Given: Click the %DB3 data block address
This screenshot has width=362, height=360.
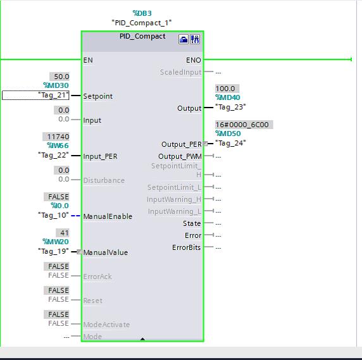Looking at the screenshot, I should pyautogui.click(x=142, y=13).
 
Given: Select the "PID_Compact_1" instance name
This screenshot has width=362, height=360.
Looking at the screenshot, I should pyautogui.click(x=142, y=22).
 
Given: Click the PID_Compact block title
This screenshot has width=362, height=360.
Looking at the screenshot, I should pyautogui.click(x=142, y=36).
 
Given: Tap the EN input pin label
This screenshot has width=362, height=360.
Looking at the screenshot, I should pyautogui.click(x=88, y=60).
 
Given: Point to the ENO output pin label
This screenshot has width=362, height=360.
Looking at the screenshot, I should pyautogui.click(x=194, y=60).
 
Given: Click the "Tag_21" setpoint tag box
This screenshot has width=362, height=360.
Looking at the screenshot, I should pyautogui.click(x=35, y=95).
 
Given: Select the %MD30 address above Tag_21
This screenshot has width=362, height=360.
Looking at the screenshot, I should pyautogui.click(x=56, y=85).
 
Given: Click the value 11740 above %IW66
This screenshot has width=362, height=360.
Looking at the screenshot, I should pyautogui.click(x=58, y=137).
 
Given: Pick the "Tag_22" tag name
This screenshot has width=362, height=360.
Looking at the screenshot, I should pyautogui.click(x=53, y=155).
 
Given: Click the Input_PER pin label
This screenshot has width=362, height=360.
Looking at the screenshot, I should pyautogui.click(x=100, y=156).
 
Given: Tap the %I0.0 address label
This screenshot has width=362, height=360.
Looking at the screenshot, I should pyautogui.click(x=59, y=206).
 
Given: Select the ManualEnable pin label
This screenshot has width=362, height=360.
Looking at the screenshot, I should pyautogui.click(x=108, y=216).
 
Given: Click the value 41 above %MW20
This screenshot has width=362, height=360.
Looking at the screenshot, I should pyautogui.click(x=63, y=233).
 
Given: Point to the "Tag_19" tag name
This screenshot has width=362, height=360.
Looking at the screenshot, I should pyautogui.click(x=53, y=251).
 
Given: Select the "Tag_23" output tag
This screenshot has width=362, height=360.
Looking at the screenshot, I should pyautogui.click(x=230, y=107).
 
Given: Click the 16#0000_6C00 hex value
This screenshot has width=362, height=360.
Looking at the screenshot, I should pyautogui.click(x=242, y=125).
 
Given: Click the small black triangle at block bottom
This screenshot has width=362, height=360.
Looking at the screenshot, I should pyautogui.click(x=142, y=340).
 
